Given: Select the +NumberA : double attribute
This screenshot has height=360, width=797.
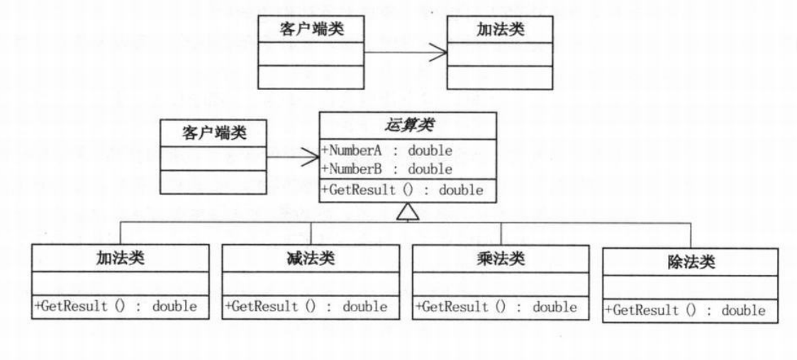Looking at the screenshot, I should tap(386, 151).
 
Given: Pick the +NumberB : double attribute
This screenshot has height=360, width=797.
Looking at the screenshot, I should tap(386, 169).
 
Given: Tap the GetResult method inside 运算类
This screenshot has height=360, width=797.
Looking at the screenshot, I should tap(402, 190).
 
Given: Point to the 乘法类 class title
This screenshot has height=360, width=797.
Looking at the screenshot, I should tap(500, 259).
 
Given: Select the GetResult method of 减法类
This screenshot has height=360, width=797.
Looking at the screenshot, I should tap(306, 306).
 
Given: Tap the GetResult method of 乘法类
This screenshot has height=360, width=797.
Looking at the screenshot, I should tap(496, 306).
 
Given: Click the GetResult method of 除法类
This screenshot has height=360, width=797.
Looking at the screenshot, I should tap(685, 310).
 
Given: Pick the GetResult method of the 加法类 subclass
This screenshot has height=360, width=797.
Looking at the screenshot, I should tap(115, 306).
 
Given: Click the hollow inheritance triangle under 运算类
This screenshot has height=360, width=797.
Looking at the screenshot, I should tap(405, 210).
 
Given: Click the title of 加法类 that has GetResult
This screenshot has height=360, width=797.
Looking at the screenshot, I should tap(121, 259).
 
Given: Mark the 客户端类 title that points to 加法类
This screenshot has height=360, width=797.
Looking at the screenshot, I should tap(311, 29).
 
